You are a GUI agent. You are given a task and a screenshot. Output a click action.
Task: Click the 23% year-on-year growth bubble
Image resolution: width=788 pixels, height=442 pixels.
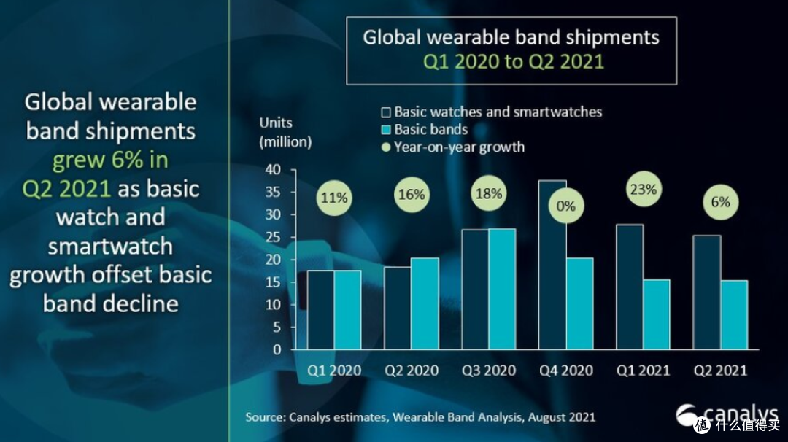click(x=644, y=190)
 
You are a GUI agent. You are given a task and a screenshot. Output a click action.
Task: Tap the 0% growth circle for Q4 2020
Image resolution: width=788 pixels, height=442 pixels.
click(x=566, y=206)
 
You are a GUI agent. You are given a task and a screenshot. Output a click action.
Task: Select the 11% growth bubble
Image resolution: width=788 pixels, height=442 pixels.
click(x=334, y=198)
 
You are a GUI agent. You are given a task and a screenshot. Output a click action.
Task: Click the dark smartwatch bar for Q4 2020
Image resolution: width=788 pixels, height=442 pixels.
click(x=552, y=265)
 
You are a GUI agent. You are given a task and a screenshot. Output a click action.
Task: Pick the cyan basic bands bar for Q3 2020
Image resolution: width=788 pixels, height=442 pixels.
click(x=502, y=290)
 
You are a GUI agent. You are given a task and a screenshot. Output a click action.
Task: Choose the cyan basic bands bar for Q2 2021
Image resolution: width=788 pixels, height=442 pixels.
click(x=734, y=315)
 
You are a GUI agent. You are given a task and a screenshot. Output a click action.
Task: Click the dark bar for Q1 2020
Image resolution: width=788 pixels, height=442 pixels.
click(x=320, y=310)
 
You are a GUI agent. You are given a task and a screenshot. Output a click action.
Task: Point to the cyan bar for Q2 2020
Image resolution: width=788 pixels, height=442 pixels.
click(x=425, y=304)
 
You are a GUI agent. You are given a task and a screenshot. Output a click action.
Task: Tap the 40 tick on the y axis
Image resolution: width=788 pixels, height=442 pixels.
click(x=274, y=170)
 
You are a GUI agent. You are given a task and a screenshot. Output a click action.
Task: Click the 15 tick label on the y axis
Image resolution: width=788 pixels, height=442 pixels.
click(x=274, y=282)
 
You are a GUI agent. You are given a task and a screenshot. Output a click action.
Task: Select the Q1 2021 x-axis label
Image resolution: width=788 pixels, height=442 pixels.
click(x=644, y=371)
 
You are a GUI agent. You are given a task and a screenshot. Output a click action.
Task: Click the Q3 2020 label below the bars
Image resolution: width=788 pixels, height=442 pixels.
click(x=488, y=371)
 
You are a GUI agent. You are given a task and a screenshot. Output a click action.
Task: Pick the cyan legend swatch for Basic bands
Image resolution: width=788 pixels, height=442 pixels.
click(x=386, y=130)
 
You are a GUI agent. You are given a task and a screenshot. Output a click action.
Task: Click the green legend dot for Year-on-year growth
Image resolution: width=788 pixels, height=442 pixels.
click(x=386, y=147)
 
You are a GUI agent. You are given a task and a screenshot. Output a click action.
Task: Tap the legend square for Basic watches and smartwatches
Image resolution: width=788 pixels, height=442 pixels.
click(x=386, y=112)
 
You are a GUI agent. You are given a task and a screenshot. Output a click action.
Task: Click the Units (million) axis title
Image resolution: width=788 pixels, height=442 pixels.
click(x=285, y=133)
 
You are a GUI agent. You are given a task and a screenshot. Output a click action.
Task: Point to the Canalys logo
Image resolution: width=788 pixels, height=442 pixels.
click(x=727, y=416)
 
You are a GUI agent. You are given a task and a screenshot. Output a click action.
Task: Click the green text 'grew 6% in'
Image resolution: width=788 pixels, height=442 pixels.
click(x=111, y=160)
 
